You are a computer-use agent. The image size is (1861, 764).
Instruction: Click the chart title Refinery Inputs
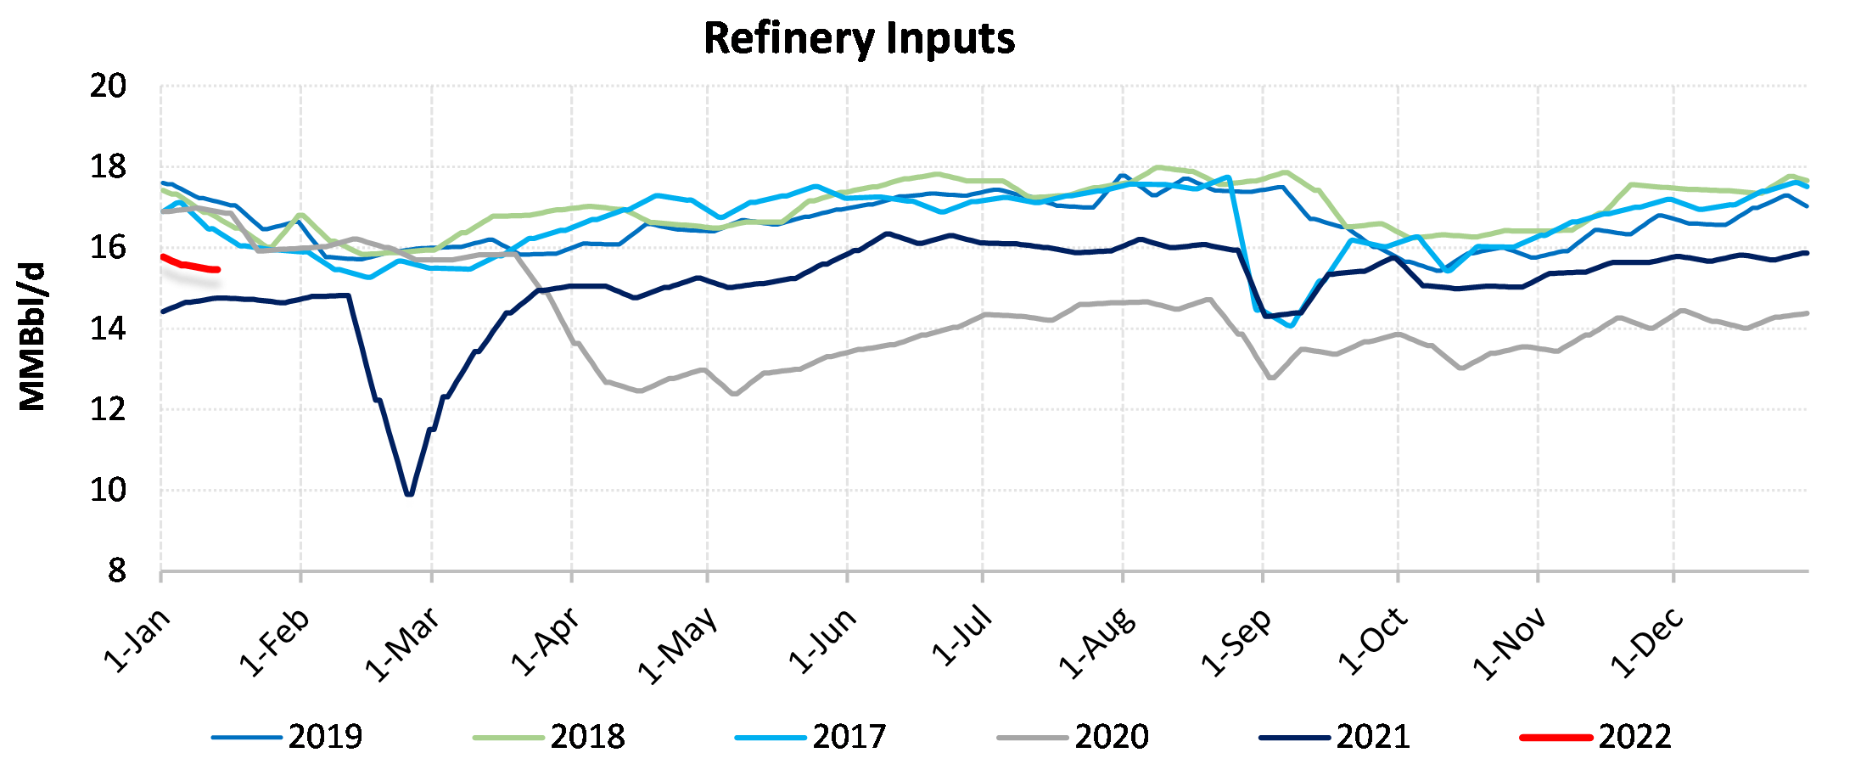coord(859,38)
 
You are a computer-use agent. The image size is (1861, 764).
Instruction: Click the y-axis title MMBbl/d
coord(32,337)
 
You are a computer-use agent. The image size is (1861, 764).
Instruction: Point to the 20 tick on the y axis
coord(109,86)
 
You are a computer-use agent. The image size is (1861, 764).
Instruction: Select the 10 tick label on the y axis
coord(109,490)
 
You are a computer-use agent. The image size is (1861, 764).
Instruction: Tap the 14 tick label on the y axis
coord(109,329)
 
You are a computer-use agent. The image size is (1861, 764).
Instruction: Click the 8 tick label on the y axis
coord(117,571)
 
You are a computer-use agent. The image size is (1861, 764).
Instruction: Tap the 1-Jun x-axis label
coord(822,640)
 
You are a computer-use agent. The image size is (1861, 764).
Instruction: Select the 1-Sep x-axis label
coord(1236,642)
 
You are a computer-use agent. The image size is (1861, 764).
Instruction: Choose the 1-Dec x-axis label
coord(1647,643)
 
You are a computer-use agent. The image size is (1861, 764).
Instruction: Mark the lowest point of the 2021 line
coord(410,493)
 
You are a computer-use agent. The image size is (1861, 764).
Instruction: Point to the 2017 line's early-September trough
coord(1291,325)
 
